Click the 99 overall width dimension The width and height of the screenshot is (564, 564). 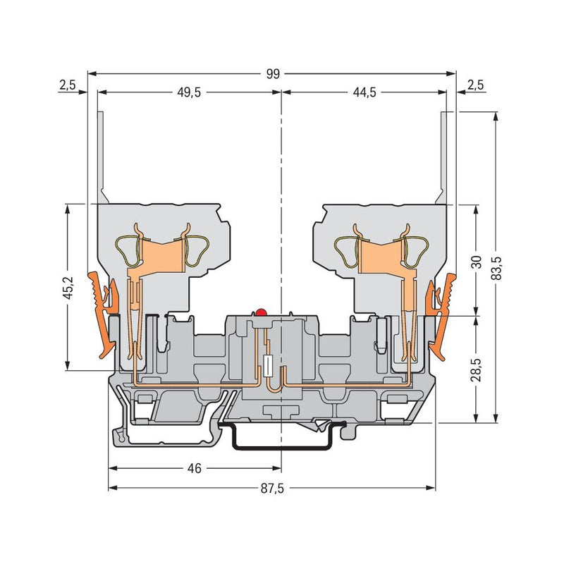click(x=273, y=74)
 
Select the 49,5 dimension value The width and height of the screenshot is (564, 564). click(x=189, y=92)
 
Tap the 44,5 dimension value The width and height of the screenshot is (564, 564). click(x=364, y=92)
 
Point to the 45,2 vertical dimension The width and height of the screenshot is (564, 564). click(x=68, y=287)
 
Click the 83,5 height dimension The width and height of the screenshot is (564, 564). click(x=496, y=268)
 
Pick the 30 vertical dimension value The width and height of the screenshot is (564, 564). click(x=477, y=262)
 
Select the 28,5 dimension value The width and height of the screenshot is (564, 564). click(x=477, y=369)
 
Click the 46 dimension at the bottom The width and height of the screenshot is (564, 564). click(x=195, y=468)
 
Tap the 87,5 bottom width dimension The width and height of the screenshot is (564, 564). click(x=272, y=488)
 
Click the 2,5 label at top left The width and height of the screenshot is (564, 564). click(x=68, y=85)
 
